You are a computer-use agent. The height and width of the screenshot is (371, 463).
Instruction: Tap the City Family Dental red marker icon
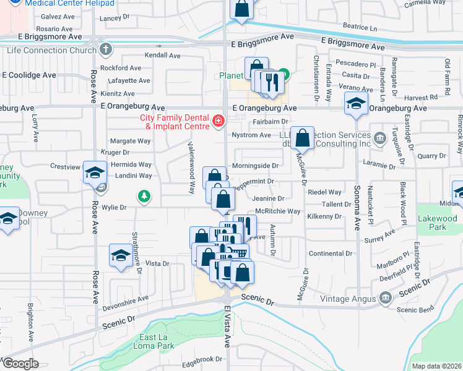[x=217, y=121]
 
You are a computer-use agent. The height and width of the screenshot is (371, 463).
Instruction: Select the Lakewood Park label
[x=437, y=223]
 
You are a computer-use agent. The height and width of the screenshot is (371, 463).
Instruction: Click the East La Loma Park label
[x=150, y=341]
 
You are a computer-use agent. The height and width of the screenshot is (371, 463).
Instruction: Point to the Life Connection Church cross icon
[x=106, y=49]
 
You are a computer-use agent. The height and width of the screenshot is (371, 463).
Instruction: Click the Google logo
[x=20, y=364]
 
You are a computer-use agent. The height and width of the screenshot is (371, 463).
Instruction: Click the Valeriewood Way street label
[x=193, y=167]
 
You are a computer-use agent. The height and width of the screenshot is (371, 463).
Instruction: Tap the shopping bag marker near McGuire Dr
[x=303, y=140]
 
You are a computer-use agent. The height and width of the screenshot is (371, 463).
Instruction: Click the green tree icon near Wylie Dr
[x=144, y=196]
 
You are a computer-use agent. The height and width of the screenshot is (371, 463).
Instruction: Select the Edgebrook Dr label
[x=202, y=359]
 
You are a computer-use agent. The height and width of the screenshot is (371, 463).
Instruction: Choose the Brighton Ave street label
[x=30, y=322]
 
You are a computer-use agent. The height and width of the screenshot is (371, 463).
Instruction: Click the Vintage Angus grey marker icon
[x=385, y=299]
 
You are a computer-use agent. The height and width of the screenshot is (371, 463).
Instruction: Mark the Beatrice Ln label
[x=360, y=28]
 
